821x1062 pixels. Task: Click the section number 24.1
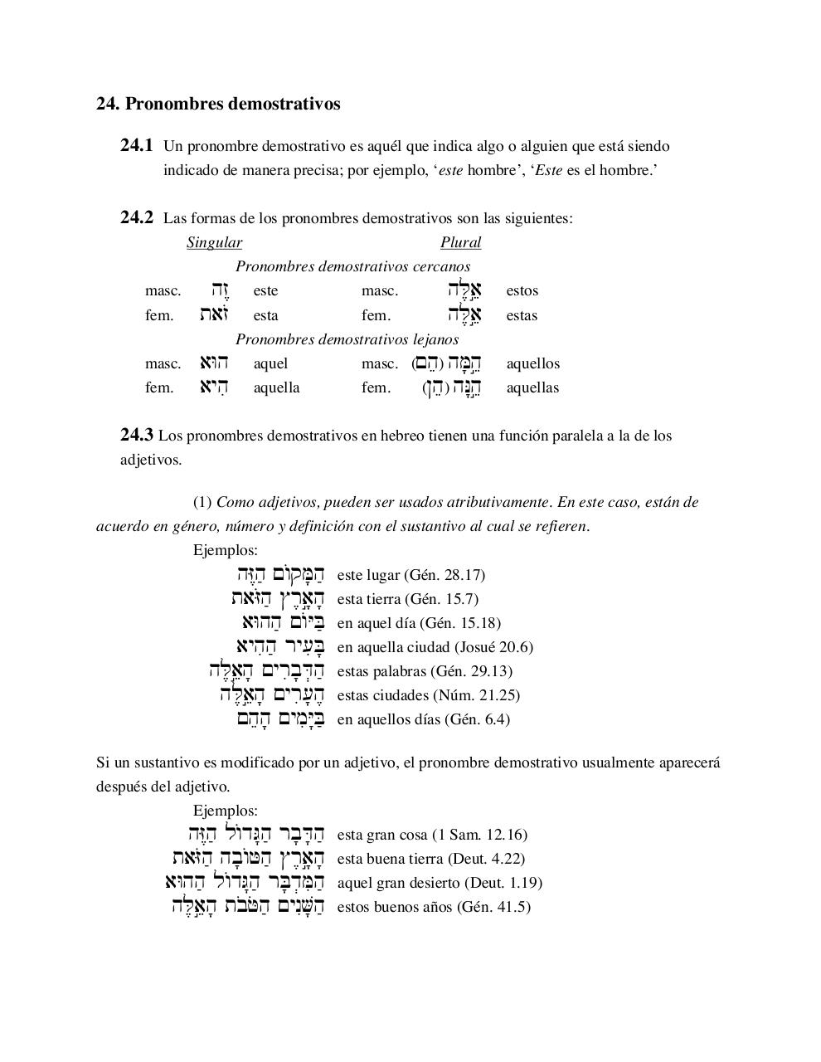pos(137,146)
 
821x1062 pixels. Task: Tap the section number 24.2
pos(137,218)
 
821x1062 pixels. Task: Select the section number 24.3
pos(137,435)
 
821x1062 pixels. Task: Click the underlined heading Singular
pos(214,242)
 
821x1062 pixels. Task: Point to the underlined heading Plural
pos(460,242)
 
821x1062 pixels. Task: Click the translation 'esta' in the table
pos(265,315)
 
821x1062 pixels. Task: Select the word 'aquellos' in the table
pos(532,363)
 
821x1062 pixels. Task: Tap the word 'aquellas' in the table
pos(532,387)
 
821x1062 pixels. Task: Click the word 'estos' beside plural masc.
pos(522,290)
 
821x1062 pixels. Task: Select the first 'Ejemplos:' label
pos(226,550)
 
